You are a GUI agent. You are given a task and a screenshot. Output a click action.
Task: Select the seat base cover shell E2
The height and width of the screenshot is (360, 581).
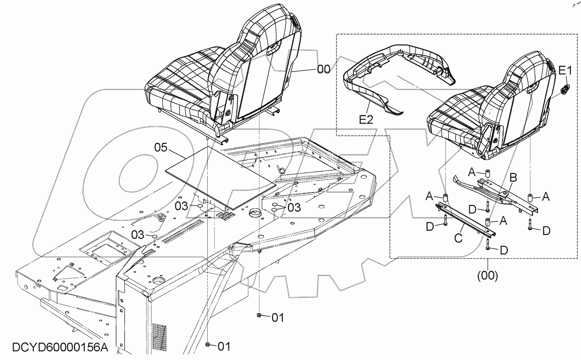(397, 78)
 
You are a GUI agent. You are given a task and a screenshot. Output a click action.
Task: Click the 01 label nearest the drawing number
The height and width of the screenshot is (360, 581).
(223, 346)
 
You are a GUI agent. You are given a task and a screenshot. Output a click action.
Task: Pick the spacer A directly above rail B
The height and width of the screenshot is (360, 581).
(487, 173)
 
